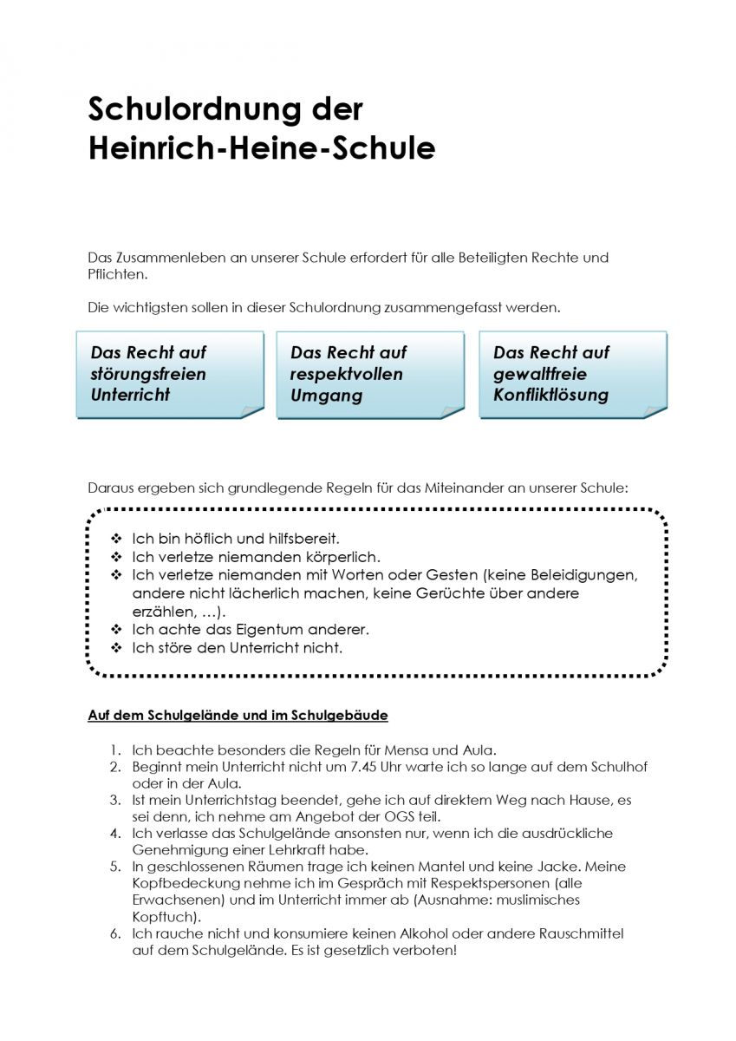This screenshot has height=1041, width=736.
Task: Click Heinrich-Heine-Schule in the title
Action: (261, 148)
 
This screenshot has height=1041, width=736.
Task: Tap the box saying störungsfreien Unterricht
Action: (169, 374)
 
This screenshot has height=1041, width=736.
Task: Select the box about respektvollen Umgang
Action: (369, 375)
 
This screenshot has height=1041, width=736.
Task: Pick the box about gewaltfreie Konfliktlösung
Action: (572, 374)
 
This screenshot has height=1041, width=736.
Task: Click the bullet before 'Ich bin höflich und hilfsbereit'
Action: (116, 539)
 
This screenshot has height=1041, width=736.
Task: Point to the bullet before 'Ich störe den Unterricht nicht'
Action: (116, 648)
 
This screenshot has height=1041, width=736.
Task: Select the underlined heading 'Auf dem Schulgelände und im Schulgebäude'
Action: (238, 716)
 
